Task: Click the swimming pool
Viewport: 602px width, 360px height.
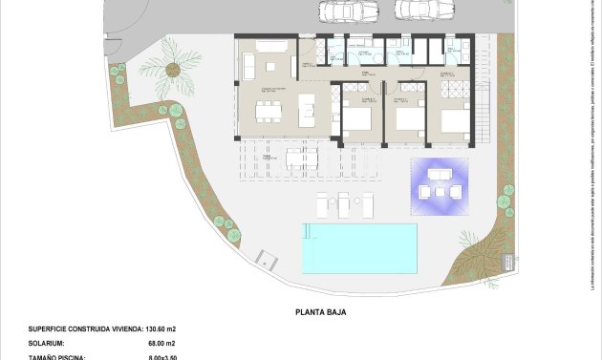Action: click(x=359, y=247)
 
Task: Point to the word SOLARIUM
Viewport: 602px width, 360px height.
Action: click(x=49, y=342)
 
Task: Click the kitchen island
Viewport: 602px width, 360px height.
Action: click(x=308, y=109)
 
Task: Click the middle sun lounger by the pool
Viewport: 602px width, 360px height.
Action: click(x=344, y=202)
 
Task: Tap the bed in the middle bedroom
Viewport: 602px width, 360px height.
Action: click(x=409, y=120)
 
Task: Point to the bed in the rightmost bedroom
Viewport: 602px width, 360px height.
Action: click(x=455, y=121)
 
